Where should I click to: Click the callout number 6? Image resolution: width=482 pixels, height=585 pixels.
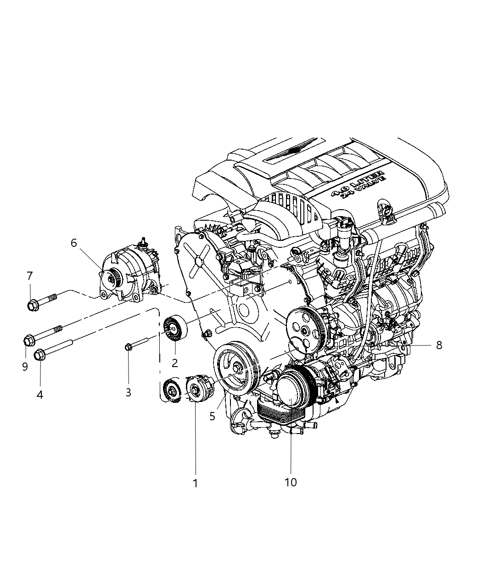coord(74,243)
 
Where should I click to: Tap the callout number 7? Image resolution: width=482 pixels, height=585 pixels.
coord(30,276)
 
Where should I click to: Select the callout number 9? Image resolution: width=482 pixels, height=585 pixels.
coord(25,367)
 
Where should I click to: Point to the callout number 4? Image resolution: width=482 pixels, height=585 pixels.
coord(40,394)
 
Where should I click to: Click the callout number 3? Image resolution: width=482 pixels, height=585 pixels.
coord(129,392)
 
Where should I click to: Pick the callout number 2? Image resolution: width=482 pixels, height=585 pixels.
coord(174,363)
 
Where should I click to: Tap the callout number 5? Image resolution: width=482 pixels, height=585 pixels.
coord(212,416)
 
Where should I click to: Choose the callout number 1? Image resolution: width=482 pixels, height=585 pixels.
coord(195,483)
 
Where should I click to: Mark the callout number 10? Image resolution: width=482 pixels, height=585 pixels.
coord(291,482)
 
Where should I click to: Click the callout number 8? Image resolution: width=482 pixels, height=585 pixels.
coord(439,345)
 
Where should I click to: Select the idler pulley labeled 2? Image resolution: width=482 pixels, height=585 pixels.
coord(174,329)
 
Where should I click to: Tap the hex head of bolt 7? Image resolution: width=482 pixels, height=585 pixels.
coord(33,304)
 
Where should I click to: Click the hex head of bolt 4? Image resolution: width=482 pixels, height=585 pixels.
coord(39,354)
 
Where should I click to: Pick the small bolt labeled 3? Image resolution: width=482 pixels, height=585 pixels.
coord(129,347)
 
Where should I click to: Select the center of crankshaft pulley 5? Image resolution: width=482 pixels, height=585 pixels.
coord(236,368)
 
